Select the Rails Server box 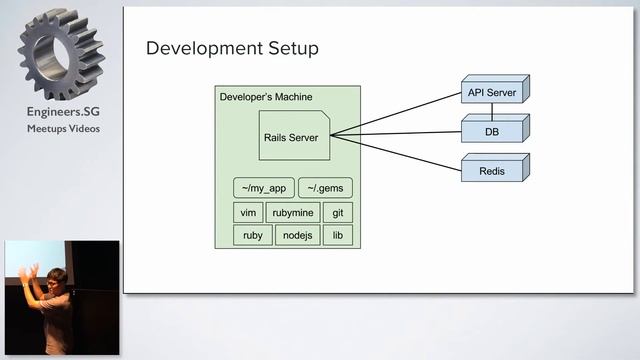(x=290, y=137)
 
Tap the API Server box (x=492, y=92)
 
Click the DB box (x=492, y=131)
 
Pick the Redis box (x=492, y=171)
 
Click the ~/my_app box (x=263, y=188)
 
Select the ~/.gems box (x=326, y=188)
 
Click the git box (x=337, y=212)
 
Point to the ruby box (x=252, y=235)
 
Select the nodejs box (x=297, y=235)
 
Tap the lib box (x=337, y=235)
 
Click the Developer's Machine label (x=265, y=96)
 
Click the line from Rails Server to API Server (x=400, y=113)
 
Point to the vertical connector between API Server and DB (x=491, y=109)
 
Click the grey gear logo (x=62, y=55)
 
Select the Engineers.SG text (x=62, y=113)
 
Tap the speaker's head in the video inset (x=57, y=276)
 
